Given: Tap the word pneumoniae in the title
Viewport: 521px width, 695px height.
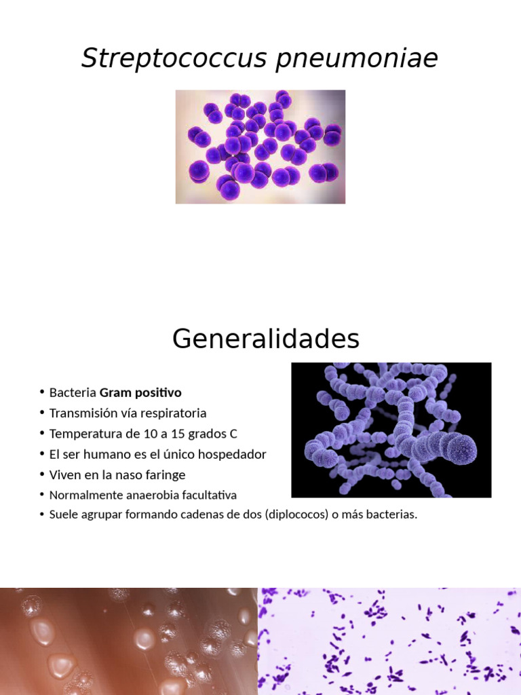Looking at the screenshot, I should coord(357,58).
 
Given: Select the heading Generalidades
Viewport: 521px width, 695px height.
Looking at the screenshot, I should coord(265,339).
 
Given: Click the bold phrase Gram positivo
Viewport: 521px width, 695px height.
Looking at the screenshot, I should coord(140,393).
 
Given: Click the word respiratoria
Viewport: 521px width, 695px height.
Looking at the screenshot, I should coord(173,413).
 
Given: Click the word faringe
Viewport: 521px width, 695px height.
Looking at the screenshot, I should coord(162,474).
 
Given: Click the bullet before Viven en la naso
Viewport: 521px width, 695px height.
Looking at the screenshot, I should coord(42,474).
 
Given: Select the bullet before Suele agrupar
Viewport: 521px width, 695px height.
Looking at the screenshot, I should coord(42,514).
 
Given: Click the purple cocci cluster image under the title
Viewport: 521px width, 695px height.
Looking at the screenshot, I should coord(260,147).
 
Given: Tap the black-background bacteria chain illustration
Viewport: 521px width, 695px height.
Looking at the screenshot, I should coord(391,430).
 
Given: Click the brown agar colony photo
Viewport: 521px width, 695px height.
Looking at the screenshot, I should coord(128,641).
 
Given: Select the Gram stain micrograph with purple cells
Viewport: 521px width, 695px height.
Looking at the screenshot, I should coord(389,641).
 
